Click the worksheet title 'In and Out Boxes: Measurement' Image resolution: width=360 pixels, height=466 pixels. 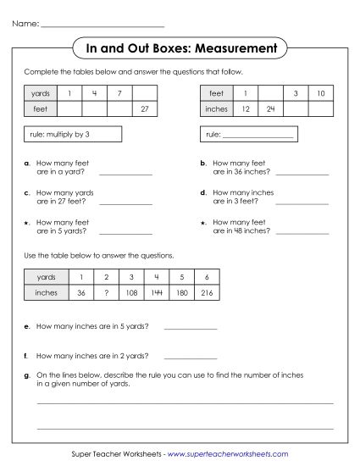180,47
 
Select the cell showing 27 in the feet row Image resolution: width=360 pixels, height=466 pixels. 145,108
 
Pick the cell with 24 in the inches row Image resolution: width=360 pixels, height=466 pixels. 269,108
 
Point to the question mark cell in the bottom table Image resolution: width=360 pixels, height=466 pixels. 106,292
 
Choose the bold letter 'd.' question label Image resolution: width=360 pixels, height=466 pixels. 204,192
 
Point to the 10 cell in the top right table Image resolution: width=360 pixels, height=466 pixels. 319,92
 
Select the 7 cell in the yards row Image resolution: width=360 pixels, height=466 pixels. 119,92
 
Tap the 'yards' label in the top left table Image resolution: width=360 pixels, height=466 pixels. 41,92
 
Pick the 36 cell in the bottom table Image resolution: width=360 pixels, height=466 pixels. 80,292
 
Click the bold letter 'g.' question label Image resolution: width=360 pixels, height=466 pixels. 28,374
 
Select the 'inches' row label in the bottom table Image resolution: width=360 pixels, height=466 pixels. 47,292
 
